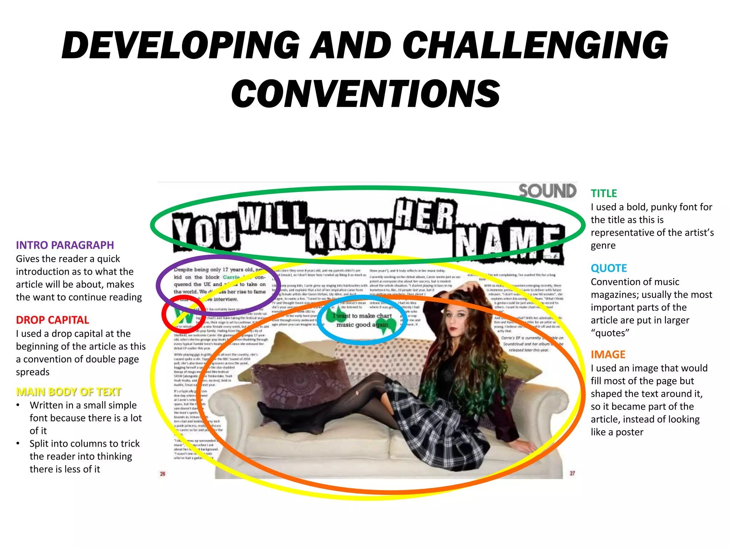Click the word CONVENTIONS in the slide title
click(x=366, y=94)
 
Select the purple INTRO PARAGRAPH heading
click(x=65, y=245)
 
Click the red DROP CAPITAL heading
click(x=52, y=320)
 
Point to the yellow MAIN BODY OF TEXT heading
click(x=69, y=392)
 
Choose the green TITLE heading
click(x=603, y=193)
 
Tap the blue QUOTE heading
click(x=609, y=268)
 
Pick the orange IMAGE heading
click(x=608, y=355)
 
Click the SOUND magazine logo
click(x=547, y=191)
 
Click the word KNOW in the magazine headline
click(x=350, y=235)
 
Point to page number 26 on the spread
click(x=163, y=474)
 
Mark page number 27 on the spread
click(x=572, y=473)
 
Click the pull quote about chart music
click(x=362, y=320)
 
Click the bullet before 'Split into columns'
click(x=18, y=443)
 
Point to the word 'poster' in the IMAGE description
click(x=629, y=432)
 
